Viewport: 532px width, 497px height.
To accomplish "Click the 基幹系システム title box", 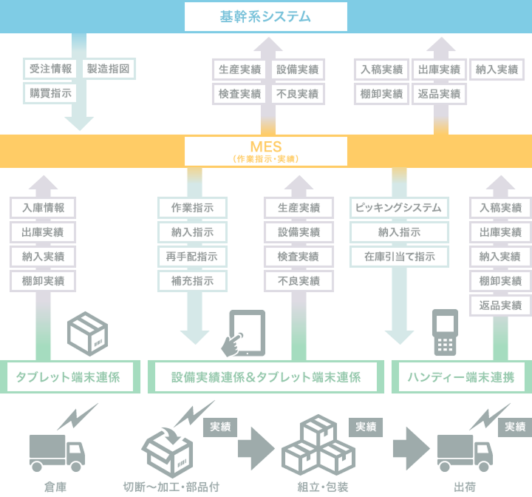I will tap(265, 16).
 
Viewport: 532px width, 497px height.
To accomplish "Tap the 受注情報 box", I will tap(51, 70).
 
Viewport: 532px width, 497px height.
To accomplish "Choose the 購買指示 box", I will tap(51, 93).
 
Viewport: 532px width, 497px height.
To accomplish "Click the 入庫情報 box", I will tap(44, 208).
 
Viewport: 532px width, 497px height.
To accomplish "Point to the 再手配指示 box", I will tap(192, 257).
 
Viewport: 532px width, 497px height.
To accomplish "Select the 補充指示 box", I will tap(192, 281).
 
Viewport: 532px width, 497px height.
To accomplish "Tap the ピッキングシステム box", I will tap(399, 208).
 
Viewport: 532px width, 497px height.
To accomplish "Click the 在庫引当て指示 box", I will tap(399, 257).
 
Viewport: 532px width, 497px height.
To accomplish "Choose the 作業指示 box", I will tap(192, 208).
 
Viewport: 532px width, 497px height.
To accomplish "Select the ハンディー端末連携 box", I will tap(461, 377).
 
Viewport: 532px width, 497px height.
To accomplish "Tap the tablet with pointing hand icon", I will tap(245, 333).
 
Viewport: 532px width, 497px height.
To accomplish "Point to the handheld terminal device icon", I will tap(443, 332).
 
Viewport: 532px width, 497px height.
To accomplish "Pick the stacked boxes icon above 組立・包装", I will tap(318, 444).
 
